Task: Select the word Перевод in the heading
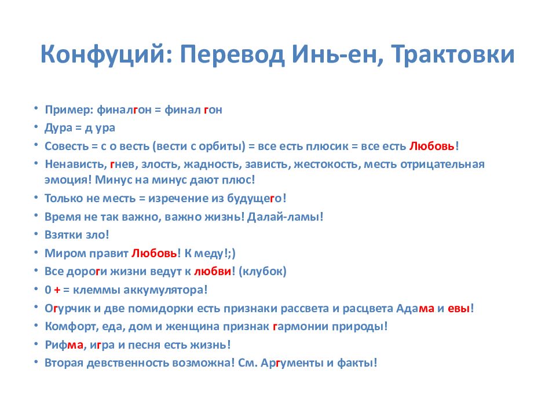(x=232, y=54)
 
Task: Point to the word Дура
(x=58, y=128)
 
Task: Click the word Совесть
(x=66, y=146)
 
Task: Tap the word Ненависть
(x=75, y=164)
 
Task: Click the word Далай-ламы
(x=285, y=216)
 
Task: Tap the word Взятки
(x=64, y=235)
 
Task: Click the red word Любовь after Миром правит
(x=154, y=253)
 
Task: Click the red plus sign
(x=57, y=290)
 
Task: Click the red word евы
(x=459, y=309)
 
